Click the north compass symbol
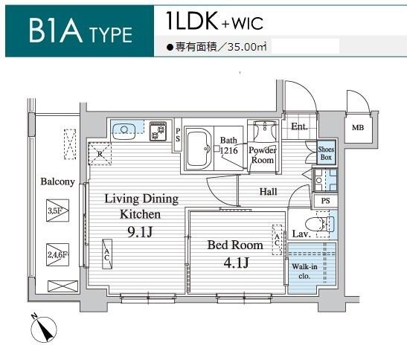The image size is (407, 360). [43, 329]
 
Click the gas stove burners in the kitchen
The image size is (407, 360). [158, 131]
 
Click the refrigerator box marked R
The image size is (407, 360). [100, 154]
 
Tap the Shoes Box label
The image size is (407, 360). [326, 153]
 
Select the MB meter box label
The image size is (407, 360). [358, 128]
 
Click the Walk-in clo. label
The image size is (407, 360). [304, 271]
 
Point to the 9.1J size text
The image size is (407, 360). [140, 232]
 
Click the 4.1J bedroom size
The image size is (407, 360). [236, 262]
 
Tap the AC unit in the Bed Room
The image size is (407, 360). [277, 240]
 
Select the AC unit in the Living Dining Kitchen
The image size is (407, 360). [107, 254]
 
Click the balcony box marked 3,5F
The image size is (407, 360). [57, 210]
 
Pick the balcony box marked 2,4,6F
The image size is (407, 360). [57, 254]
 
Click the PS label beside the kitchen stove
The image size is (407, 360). [178, 135]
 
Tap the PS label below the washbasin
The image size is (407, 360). [325, 201]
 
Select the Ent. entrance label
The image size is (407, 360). [299, 126]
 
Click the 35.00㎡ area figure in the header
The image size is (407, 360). [247, 47]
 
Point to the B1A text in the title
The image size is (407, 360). [56, 30]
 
